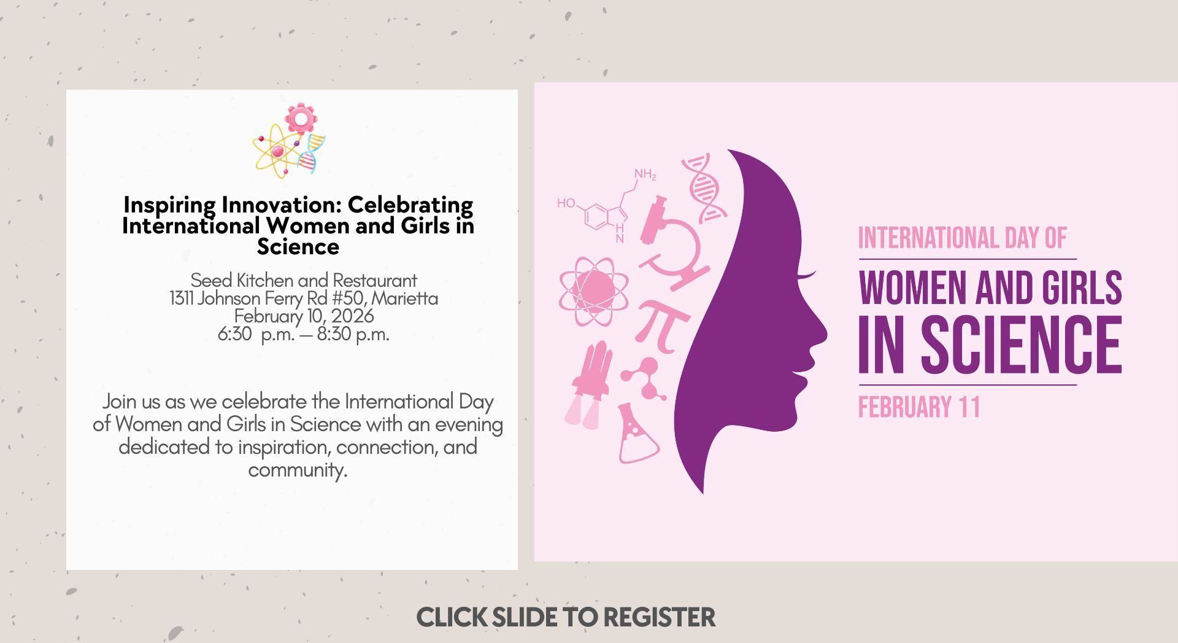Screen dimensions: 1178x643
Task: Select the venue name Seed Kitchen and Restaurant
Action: pos(304,280)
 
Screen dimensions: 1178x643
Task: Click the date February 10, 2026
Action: pos(304,316)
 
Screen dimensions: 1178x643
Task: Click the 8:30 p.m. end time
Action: pos(353,334)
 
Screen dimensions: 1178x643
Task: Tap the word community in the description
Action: pos(298,470)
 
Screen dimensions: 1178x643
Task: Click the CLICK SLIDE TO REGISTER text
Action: pos(566,617)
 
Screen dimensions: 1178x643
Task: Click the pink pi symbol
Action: pos(663,326)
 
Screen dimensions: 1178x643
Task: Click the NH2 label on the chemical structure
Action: pos(645,174)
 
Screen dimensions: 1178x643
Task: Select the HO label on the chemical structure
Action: pos(566,203)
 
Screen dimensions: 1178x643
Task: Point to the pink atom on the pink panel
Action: pos(594,291)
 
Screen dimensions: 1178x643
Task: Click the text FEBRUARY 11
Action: pos(918,407)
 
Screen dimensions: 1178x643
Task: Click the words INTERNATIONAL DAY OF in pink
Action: pos(962,238)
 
